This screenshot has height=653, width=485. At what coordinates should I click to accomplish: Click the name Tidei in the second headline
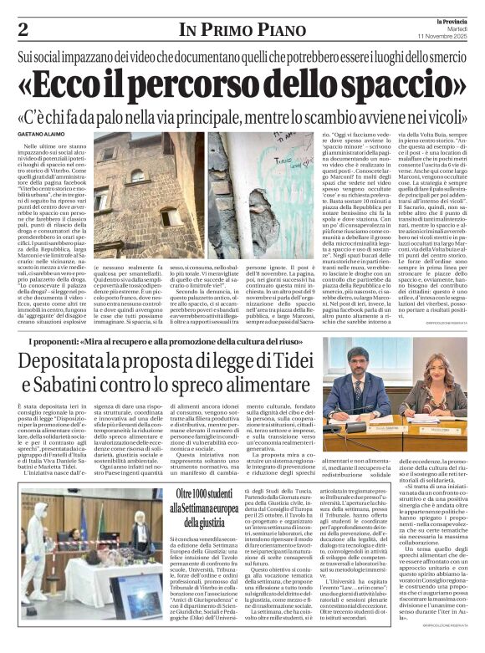click(289, 362)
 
